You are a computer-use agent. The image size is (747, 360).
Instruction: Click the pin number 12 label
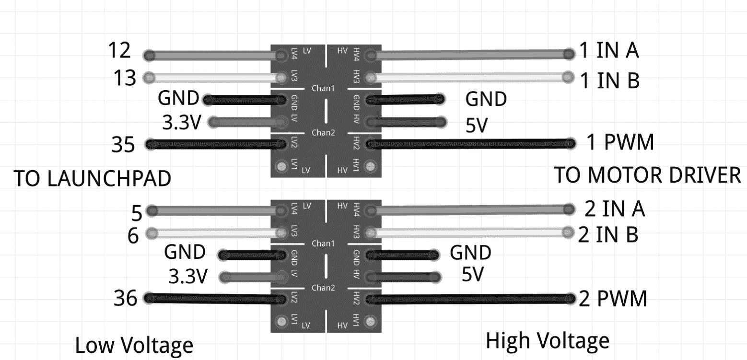(119, 50)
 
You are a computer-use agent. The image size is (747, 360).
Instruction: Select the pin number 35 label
(123, 144)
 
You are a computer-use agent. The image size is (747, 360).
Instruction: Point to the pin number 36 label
(125, 299)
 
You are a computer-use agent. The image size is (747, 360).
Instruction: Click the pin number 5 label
(137, 210)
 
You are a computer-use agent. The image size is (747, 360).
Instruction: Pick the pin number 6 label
(134, 235)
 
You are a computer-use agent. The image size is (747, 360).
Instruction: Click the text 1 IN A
(608, 51)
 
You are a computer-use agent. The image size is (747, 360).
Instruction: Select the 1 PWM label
(620, 142)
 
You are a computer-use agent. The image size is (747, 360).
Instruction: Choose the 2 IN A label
(614, 209)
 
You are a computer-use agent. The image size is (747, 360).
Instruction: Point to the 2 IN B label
(608, 234)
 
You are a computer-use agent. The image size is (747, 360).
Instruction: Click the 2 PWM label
(613, 299)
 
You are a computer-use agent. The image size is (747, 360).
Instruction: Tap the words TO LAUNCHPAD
(92, 179)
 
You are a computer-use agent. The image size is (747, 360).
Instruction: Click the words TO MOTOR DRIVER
(648, 175)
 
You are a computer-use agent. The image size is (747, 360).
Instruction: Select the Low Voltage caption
(134, 345)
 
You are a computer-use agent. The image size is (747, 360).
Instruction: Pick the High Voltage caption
(547, 341)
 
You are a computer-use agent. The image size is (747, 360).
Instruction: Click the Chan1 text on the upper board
(323, 89)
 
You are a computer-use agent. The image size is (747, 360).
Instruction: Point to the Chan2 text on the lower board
(323, 288)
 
